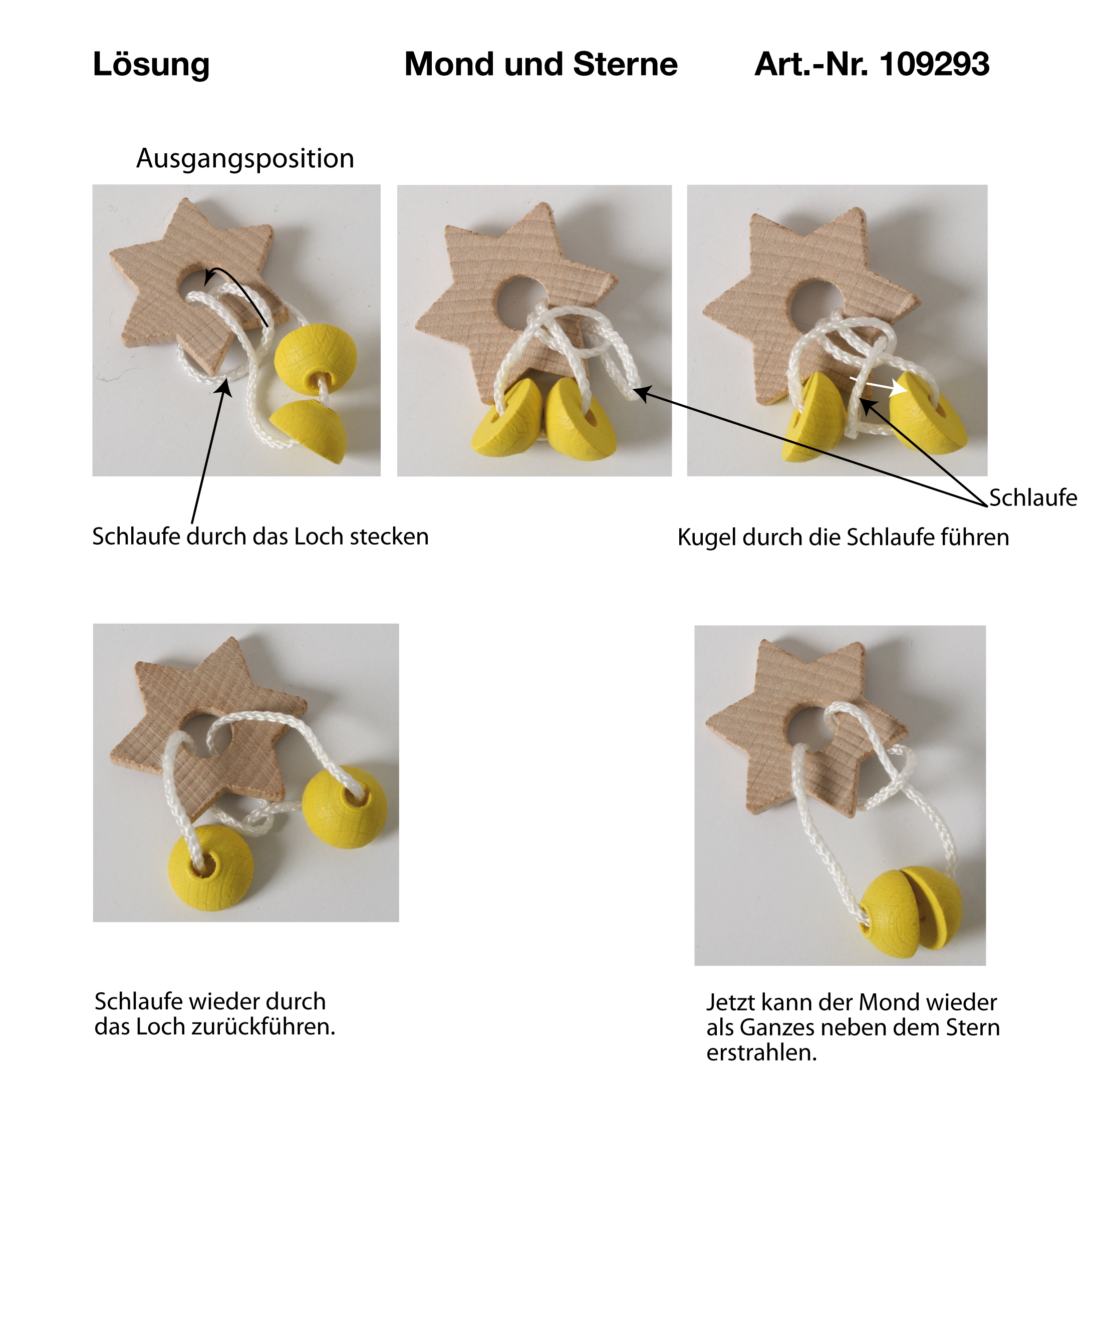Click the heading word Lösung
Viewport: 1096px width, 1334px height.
(151, 65)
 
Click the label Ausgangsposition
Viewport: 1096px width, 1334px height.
(245, 158)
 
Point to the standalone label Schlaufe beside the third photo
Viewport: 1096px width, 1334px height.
(1033, 497)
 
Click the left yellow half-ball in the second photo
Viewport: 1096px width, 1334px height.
(507, 420)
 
